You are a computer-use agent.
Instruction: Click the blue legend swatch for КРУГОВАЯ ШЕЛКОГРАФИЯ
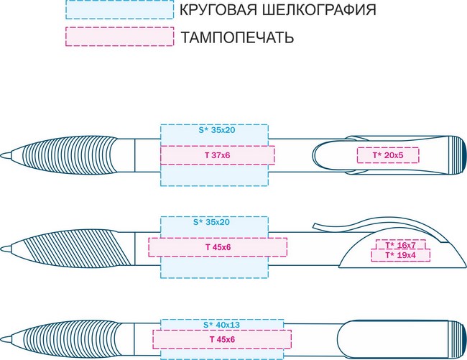click(119, 9)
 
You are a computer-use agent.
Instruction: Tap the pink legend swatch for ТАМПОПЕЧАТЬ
click(119, 37)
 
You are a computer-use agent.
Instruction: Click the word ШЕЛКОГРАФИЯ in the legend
click(319, 10)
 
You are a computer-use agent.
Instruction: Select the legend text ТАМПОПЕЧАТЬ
click(237, 37)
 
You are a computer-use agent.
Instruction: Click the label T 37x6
click(218, 155)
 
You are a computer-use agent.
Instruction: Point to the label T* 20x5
click(388, 155)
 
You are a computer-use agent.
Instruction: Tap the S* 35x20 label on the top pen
click(217, 130)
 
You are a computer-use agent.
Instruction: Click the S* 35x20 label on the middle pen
click(211, 222)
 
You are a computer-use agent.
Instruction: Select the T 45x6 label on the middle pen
click(218, 247)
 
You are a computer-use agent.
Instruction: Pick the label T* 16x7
click(401, 245)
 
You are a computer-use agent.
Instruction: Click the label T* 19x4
click(401, 255)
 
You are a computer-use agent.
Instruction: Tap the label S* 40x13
click(221, 325)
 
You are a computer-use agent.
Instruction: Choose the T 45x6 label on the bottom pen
click(222, 339)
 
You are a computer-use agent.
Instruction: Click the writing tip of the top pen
click(2, 155)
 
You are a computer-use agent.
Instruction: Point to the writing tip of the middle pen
click(2, 249)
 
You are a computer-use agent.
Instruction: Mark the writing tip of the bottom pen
click(2, 339)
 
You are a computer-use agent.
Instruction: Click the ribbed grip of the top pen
click(70, 155)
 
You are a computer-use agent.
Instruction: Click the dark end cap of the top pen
click(463, 155)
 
